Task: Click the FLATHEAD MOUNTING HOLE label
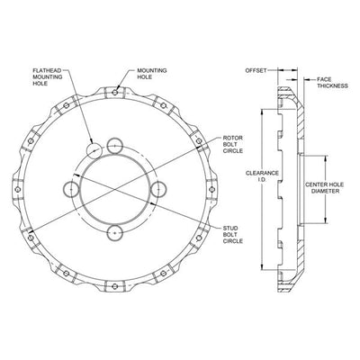48,76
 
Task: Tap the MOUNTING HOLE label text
152,74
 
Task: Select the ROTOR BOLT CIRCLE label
233,144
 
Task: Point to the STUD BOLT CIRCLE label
233,235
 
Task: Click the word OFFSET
256,70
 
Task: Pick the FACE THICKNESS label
333,83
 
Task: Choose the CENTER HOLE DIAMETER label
325,188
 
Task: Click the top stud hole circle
114,146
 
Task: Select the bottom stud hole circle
114,233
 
